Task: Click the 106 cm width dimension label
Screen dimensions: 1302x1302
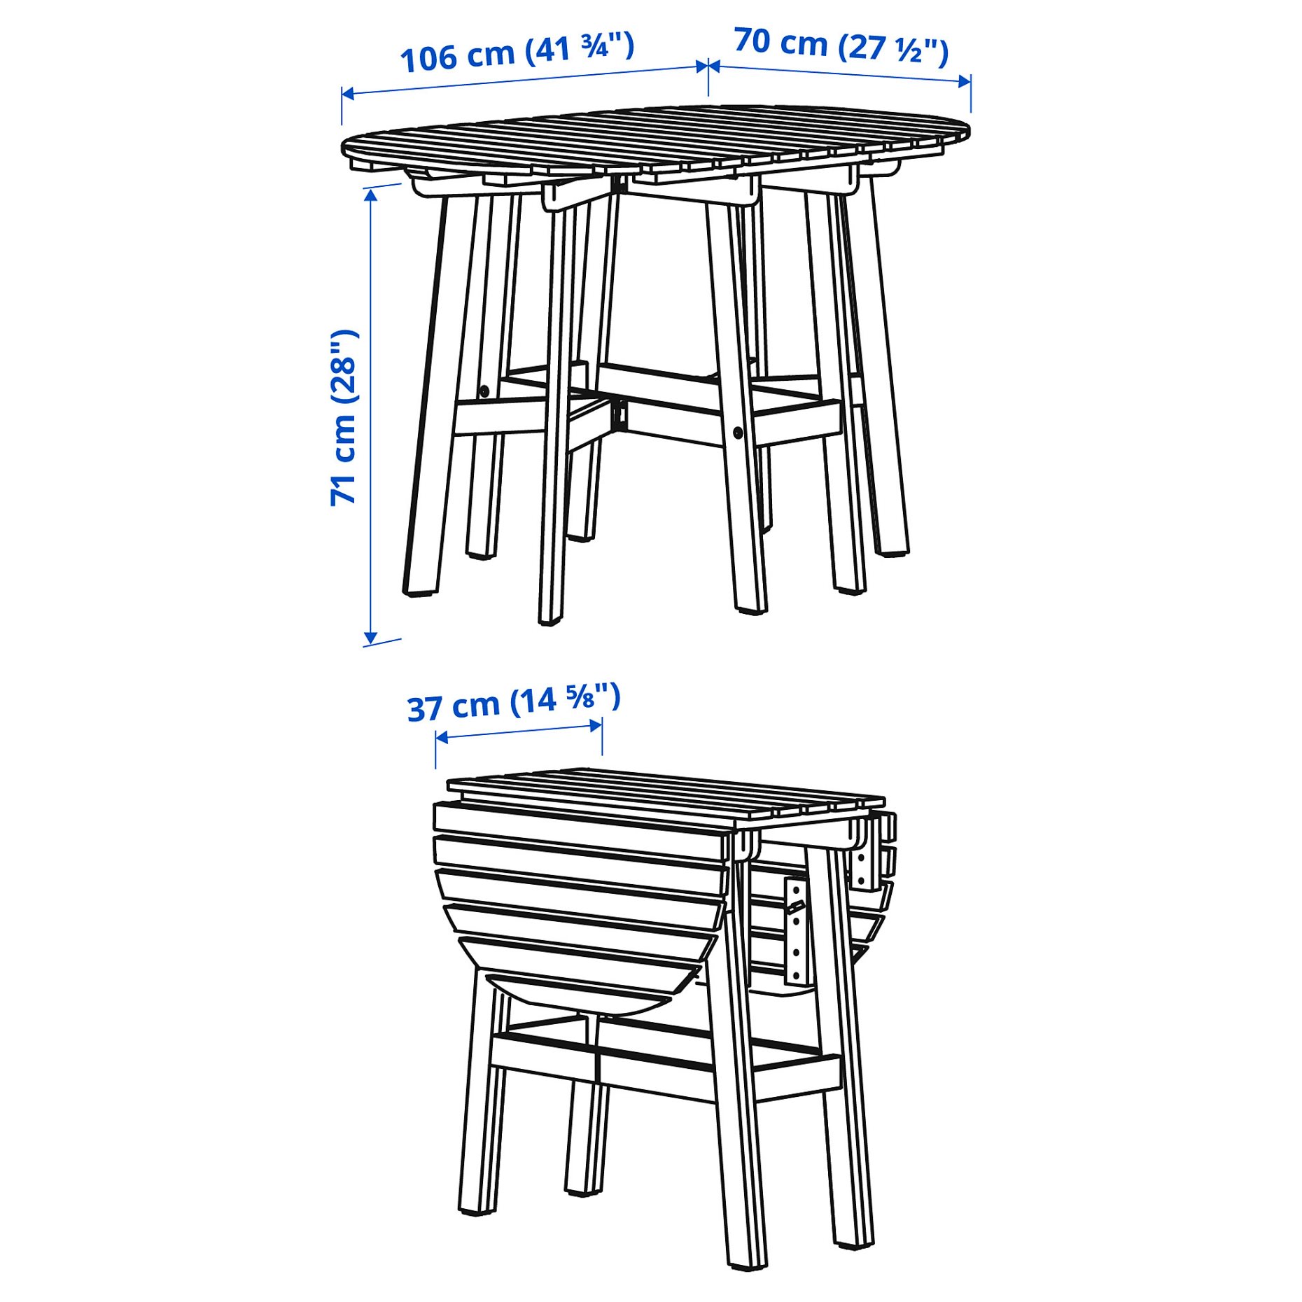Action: pyautogui.click(x=517, y=52)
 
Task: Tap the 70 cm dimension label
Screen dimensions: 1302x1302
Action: pyautogui.click(x=841, y=46)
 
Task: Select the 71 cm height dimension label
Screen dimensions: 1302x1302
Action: pyautogui.click(x=344, y=417)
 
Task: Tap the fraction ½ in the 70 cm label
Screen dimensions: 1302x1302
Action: pyautogui.click(x=910, y=50)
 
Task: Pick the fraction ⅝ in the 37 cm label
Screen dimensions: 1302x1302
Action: pyautogui.click(x=581, y=697)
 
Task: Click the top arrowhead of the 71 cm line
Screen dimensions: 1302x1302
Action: pyautogui.click(x=371, y=194)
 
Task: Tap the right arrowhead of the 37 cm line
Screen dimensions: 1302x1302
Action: pyautogui.click(x=596, y=725)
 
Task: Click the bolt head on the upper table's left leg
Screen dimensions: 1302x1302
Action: pyautogui.click(x=483, y=391)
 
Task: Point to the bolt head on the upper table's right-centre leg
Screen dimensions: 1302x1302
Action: pyautogui.click(x=738, y=432)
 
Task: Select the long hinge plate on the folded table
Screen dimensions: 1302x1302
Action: pyautogui.click(x=795, y=931)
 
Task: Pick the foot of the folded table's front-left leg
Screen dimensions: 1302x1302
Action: pyautogui.click(x=479, y=1210)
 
